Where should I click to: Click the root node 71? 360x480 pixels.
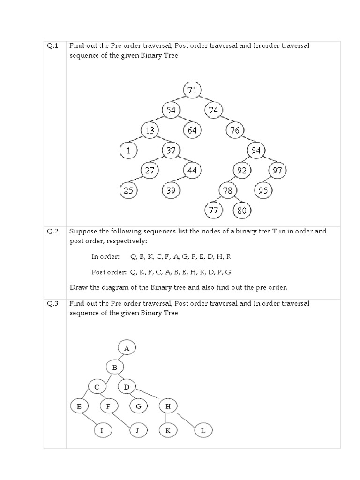point(192,90)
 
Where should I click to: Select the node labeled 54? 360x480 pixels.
point(171,110)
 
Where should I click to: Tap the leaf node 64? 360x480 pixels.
point(192,130)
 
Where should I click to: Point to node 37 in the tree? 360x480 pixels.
point(171,150)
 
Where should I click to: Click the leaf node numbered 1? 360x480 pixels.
point(128,150)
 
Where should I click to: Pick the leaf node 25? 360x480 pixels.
point(128,191)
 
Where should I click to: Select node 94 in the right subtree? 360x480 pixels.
point(256,150)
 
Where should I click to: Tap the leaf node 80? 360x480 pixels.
point(242,210)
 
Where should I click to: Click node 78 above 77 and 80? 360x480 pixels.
point(228,191)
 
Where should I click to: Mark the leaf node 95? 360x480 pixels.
point(263,191)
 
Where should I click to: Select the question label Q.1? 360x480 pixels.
point(52,46)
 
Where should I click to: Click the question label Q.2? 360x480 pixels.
point(52,231)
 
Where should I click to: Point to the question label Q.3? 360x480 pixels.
point(52,303)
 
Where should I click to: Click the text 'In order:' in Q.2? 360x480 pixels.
point(105,256)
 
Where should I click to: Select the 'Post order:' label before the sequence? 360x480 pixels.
point(109,272)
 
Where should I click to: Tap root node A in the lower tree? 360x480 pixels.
point(127,348)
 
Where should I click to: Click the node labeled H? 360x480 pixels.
point(168,406)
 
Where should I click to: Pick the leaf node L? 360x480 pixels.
point(202,430)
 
